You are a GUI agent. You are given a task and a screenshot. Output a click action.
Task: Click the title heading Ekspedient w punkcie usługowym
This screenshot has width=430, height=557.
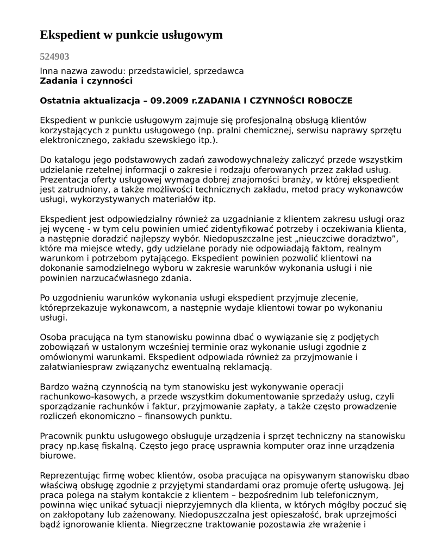click(131, 35)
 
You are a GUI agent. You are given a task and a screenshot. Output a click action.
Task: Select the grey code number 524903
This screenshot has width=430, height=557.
click(54, 57)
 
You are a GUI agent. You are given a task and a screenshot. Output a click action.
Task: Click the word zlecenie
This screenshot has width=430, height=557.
click(338, 298)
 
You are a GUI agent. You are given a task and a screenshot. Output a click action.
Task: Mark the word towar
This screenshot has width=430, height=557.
click(295, 308)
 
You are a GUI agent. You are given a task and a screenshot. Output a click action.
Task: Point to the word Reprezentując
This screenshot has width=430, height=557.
click(70, 475)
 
